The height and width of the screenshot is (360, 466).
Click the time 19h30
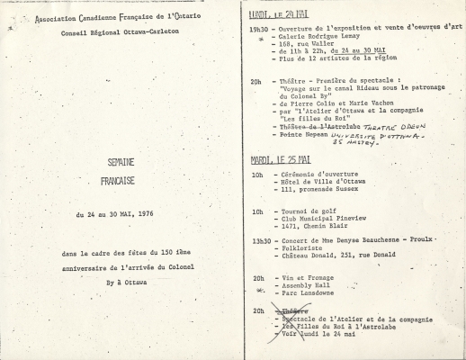(x=262, y=30)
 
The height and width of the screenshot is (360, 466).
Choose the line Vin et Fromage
(x=309, y=279)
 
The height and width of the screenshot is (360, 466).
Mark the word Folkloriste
(x=306, y=250)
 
